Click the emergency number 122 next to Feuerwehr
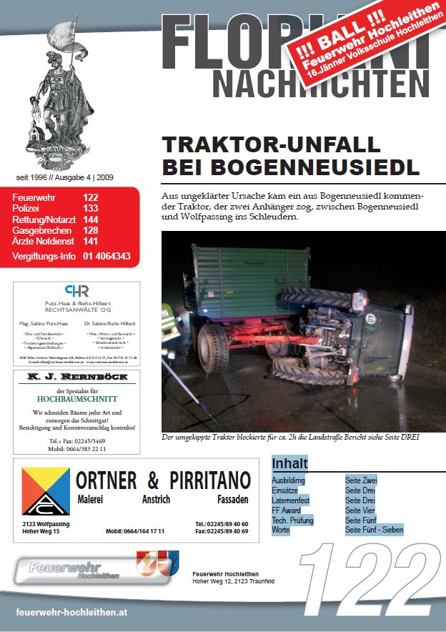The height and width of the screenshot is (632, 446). (90, 197)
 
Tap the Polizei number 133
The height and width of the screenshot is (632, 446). (90, 208)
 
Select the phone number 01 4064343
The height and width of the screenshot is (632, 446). (106, 255)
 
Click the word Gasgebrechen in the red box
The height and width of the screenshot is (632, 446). (41, 231)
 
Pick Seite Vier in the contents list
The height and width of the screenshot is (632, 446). (360, 510)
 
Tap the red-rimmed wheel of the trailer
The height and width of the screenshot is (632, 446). (215, 347)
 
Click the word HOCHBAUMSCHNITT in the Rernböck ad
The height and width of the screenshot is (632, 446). (76, 399)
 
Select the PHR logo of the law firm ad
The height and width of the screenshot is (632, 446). (76, 292)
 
